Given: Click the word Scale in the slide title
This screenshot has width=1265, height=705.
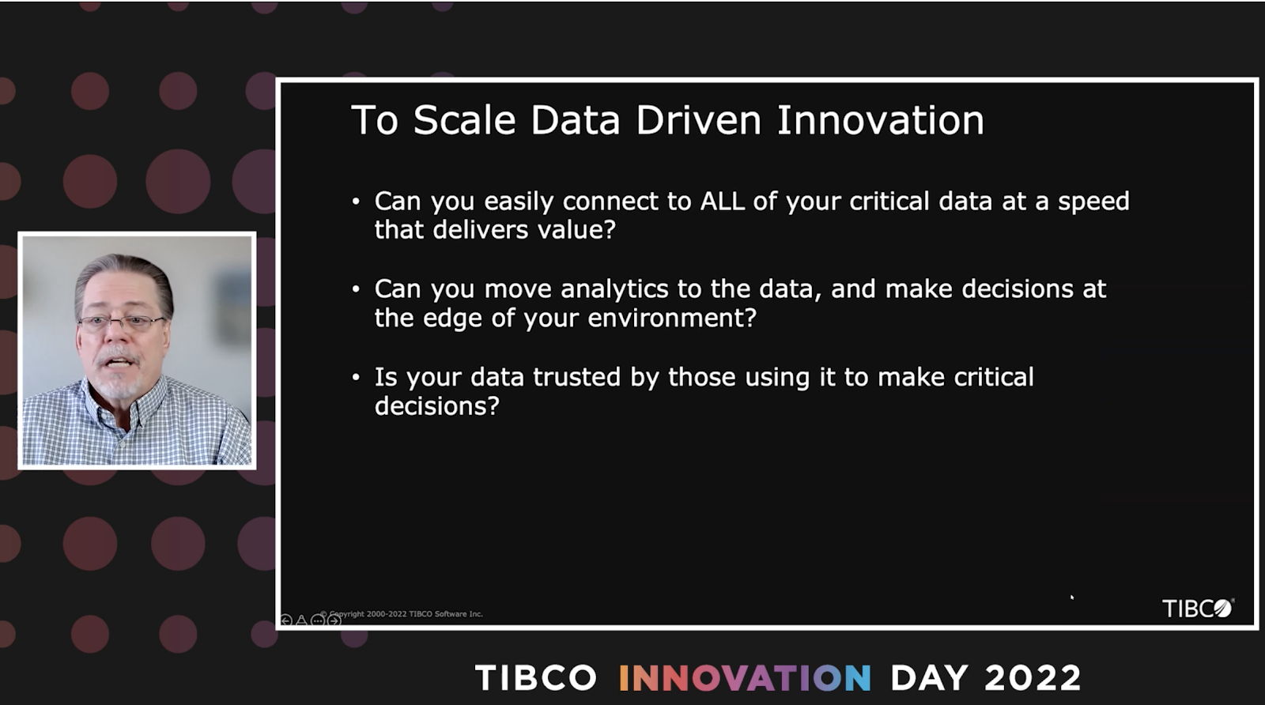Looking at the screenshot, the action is (x=464, y=119).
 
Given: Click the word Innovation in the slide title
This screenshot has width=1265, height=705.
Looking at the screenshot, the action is (x=881, y=119).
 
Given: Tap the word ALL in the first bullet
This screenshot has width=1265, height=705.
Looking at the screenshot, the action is (x=723, y=201).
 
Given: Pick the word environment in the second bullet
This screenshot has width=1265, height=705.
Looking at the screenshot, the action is (x=672, y=318).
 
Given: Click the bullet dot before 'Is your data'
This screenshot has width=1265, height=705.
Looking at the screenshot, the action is (x=356, y=377).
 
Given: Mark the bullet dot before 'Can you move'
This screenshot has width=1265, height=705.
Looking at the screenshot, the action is (x=356, y=289).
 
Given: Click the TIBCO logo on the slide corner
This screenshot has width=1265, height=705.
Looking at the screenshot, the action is (x=1198, y=608).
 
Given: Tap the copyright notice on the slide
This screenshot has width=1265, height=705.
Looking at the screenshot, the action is (x=402, y=613).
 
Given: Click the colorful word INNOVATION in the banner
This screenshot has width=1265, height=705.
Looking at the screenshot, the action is (x=745, y=677).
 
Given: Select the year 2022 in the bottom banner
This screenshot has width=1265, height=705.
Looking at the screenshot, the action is (x=1033, y=677).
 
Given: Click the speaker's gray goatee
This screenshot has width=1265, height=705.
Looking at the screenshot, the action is (x=117, y=379).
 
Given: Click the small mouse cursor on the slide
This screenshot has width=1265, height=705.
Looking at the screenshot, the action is (x=1072, y=598).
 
